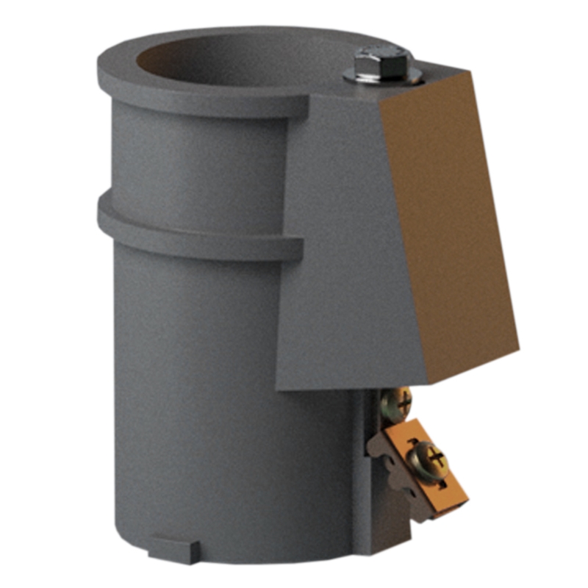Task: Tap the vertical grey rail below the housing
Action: tap(364, 456)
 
